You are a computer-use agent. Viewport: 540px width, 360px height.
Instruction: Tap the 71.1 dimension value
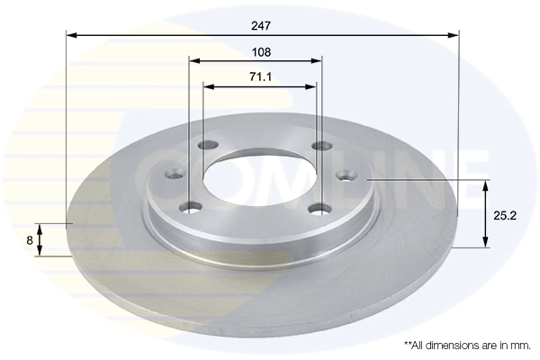261,77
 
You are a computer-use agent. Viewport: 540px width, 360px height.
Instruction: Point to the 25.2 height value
506,215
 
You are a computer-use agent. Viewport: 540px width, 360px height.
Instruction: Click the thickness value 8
30,240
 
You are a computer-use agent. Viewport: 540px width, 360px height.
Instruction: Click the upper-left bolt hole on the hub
209,147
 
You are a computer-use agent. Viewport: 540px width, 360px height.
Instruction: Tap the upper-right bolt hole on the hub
320,147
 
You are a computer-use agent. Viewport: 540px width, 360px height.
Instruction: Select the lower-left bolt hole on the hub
190,208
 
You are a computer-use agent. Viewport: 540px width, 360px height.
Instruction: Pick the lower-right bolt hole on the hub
316,209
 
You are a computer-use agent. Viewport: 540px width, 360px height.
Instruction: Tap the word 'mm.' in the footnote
520,345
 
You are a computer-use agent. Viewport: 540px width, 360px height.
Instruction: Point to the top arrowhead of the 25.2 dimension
486,185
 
